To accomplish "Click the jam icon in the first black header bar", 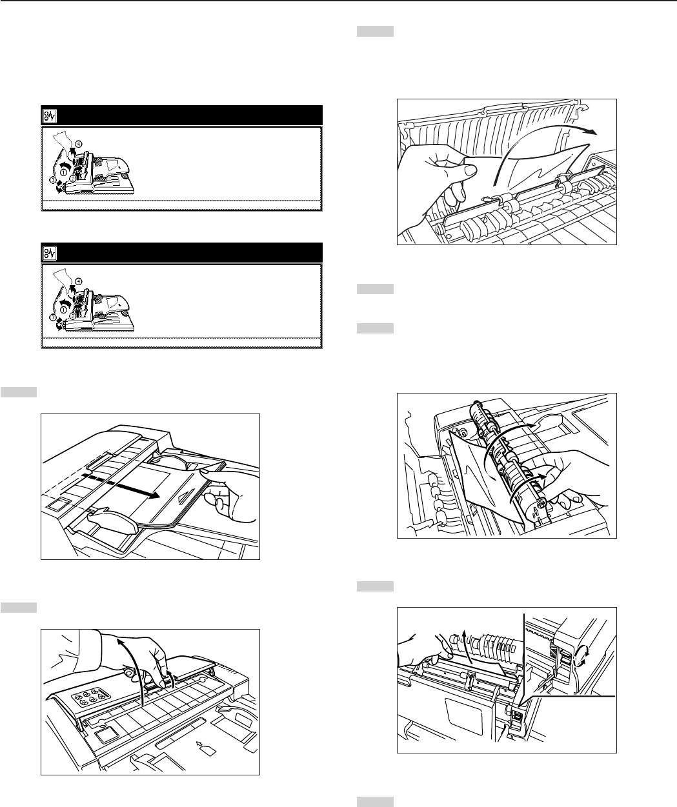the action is [x=50, y=116].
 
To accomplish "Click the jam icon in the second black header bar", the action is [x=50, y=254].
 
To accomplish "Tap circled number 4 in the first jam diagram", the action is [x=79, y=144].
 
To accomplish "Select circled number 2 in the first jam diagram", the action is [x=73, y=179].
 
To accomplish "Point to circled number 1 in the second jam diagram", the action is [x=63, y=308].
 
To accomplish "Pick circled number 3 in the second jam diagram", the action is [x=52, y=317].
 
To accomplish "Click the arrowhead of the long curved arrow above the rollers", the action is [x=590, y=132].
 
